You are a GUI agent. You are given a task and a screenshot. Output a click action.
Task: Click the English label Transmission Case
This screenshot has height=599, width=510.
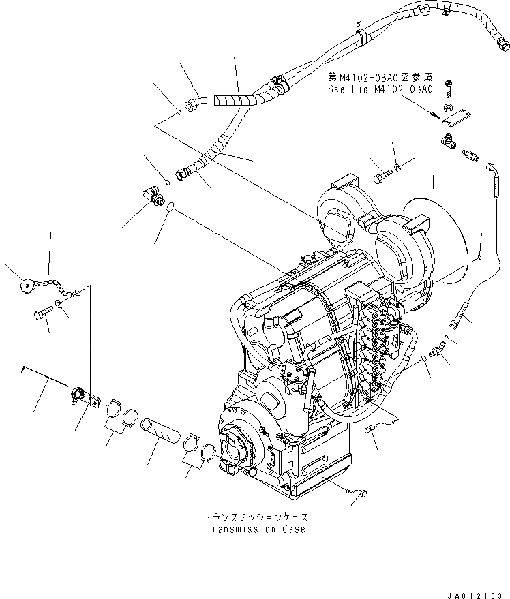point(254,529)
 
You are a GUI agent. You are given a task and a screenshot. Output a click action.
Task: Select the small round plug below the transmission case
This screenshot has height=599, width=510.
point(361,493)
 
